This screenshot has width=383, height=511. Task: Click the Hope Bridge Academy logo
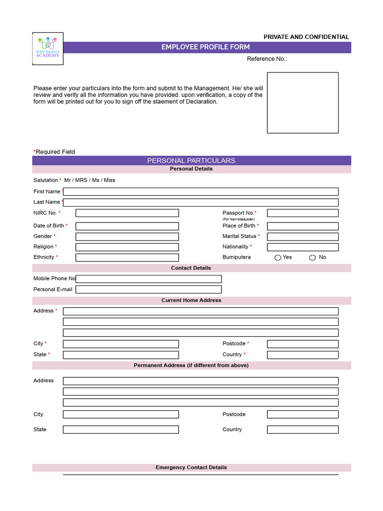[48, 48]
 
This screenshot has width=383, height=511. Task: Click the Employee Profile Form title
[205, 47]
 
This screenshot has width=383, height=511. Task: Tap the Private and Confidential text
[306, 37]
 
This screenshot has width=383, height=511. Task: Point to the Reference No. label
[267, 59]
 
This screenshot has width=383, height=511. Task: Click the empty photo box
[303, 103]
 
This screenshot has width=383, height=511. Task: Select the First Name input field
[200, 192]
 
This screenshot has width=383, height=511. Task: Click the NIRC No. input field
[127, 213]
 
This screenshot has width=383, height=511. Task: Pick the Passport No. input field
[303, 213]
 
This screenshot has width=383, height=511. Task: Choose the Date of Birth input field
[127, 226]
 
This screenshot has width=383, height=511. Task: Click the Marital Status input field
[303, 237]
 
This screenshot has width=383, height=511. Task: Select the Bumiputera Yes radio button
[278, 257]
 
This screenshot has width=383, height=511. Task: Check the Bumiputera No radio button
[313, 257]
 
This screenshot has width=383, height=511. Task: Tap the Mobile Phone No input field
[149, 279]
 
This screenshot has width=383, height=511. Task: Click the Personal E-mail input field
[149, 289]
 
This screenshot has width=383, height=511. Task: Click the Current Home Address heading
[191, 300]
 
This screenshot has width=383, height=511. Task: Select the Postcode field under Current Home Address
[303, 344]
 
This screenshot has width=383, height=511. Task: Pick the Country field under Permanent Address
[303, 430]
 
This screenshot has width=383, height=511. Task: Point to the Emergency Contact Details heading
[191, 468]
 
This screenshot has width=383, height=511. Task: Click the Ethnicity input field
[127, 257]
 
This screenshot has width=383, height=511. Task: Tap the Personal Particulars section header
[191, 161]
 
